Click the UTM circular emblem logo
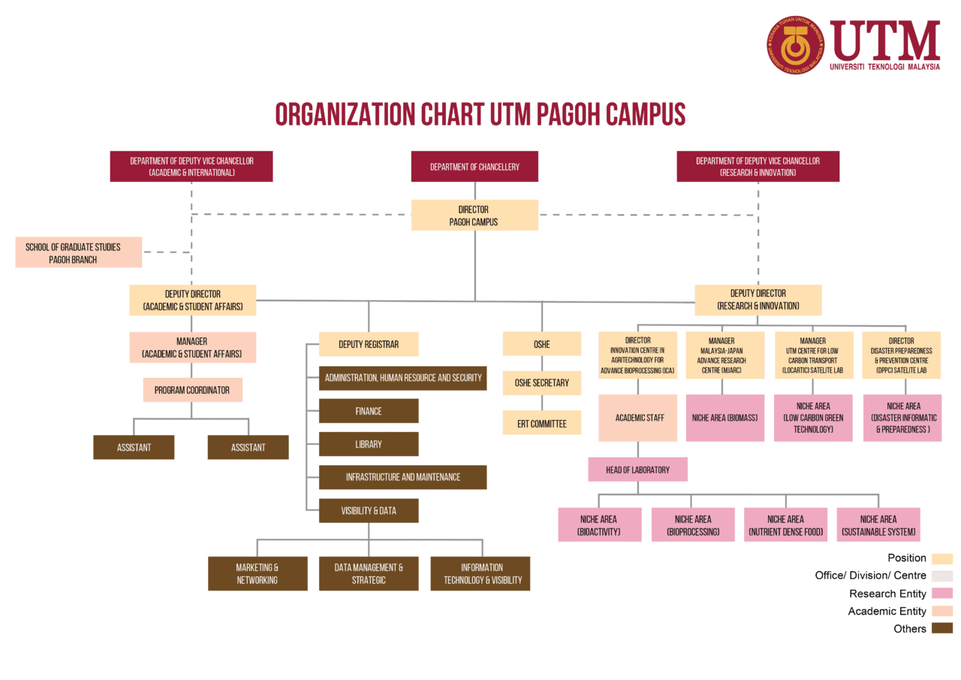(x=795, y=45)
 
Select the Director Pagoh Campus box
(x=474, y=215)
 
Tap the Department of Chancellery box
(x=474, y=166)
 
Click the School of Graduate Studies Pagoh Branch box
(x=78, y=252)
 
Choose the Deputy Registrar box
(x=369, y=344)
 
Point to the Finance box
(x=369, y=411)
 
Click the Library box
(x=369, y=444)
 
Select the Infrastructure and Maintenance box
(x=402, y=477)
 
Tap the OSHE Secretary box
(x=541, y=382)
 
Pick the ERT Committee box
(x=541, y=423)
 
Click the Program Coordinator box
(x=192, y=390)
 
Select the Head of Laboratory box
(x=637, y=470)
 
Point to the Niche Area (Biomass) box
(x=725, y=418)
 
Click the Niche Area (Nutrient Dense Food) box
(x=785, y=524)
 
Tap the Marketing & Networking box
(x=258, y=573)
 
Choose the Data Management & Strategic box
(x=369, y=573)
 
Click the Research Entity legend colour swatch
(x=941, y=594)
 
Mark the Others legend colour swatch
(x=941, y=628)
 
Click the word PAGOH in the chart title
(x=571, y=114)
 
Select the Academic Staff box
(x=638, y=418)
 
